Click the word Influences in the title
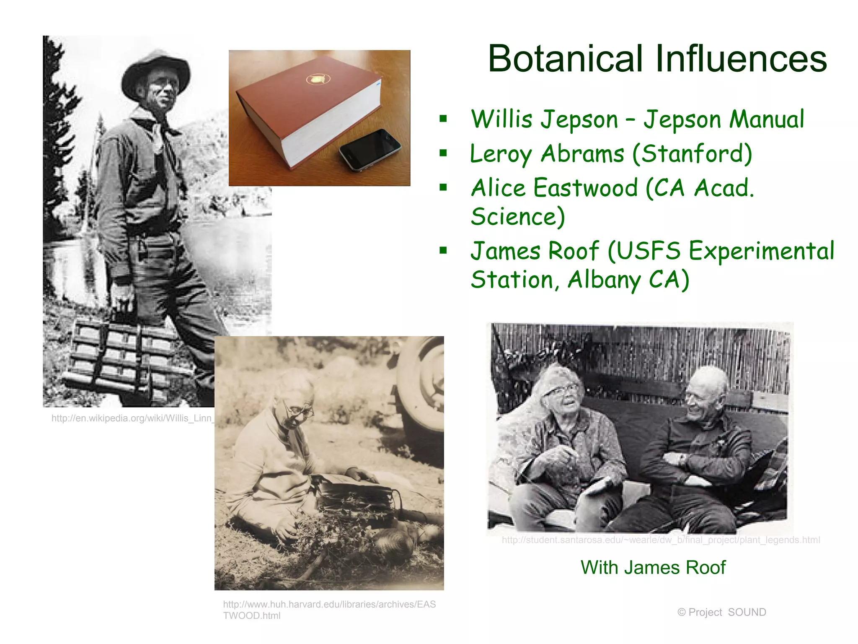tap(741, 59)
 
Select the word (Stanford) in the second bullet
tap(692, 153)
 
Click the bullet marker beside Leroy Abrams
tap(443, 153)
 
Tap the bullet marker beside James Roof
tap(443, 251)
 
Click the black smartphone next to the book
tap(370, 149)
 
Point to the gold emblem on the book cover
tap(318, 79)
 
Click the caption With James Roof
tap(653, 567)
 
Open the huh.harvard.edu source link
tap(329, 610)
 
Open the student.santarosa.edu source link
tap(661, 540)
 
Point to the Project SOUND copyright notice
tap(721, 612)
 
